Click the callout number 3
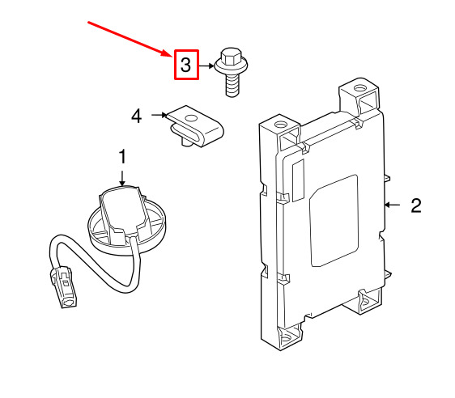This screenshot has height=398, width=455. click(x=185, y=65)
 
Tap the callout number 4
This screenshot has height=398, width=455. click(x=136, y=116)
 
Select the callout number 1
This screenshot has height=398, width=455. click(x=123, y=157)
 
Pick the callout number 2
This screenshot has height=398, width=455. click(x=416, y=205)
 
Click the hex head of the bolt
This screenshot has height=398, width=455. click(x=231, y=57)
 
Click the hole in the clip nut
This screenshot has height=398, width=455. click(x=191, y=118)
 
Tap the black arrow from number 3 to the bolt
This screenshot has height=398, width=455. click(x=206, y=66)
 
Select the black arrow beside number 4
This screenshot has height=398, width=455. click(x=159, y=115)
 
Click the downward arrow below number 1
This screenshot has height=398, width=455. click(x=122, y=178)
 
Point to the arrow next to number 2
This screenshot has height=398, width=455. click(x=392, y=205)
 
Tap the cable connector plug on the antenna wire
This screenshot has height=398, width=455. click(x=64, y=286)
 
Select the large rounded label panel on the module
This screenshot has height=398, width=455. click(x=334, y=221)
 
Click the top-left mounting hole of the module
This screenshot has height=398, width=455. click(x=280, y=125)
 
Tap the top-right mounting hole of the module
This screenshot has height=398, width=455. click(x=359, y=87)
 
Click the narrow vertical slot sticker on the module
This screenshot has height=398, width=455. click(x=298, y=180)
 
